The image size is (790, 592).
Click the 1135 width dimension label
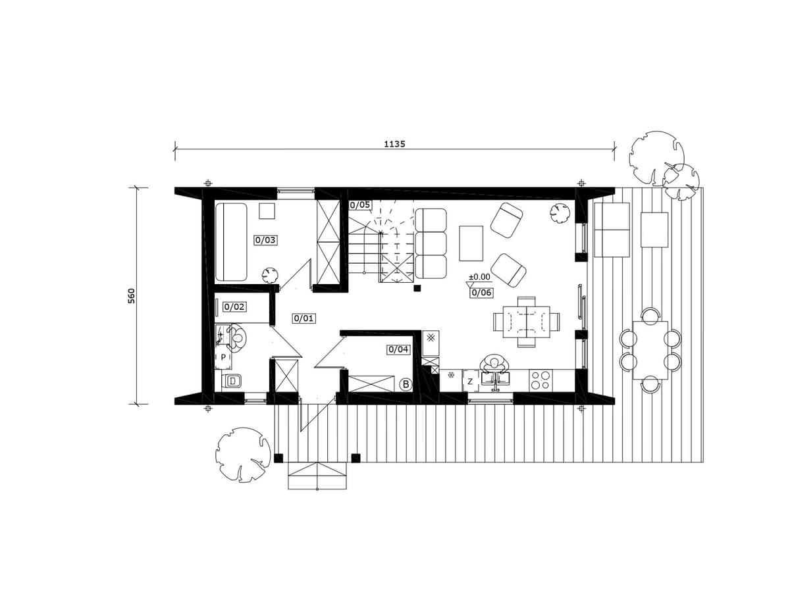(x=394, y=144)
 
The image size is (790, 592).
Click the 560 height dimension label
(x=132, y=296)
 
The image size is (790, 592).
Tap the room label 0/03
(x=265, y=239)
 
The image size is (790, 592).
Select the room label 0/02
(x=234, y=307)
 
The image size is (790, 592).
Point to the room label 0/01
(x=304, y=318)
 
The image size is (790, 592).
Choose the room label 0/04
(x=398, y=349)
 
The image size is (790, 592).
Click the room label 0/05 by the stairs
(x=360, y=205)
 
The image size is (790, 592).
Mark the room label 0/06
(x=481, y=293)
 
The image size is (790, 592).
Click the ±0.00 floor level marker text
(x=479, y=277)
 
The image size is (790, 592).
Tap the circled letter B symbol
(x=406, y=385)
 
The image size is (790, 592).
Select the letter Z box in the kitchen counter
(x=469, y=382)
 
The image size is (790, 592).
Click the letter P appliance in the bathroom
(x=223, y=357)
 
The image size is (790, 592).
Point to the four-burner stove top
(x=540, y=380)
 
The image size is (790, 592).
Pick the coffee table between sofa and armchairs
(x=471, y=243)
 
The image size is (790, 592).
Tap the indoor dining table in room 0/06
(x=526, y=322)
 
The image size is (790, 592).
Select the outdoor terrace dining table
(x=650, y=350)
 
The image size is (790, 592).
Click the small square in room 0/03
(x=267, y=211)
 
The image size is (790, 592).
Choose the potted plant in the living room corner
(x=560, y=214)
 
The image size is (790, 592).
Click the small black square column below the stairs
(x=417, y=287)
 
